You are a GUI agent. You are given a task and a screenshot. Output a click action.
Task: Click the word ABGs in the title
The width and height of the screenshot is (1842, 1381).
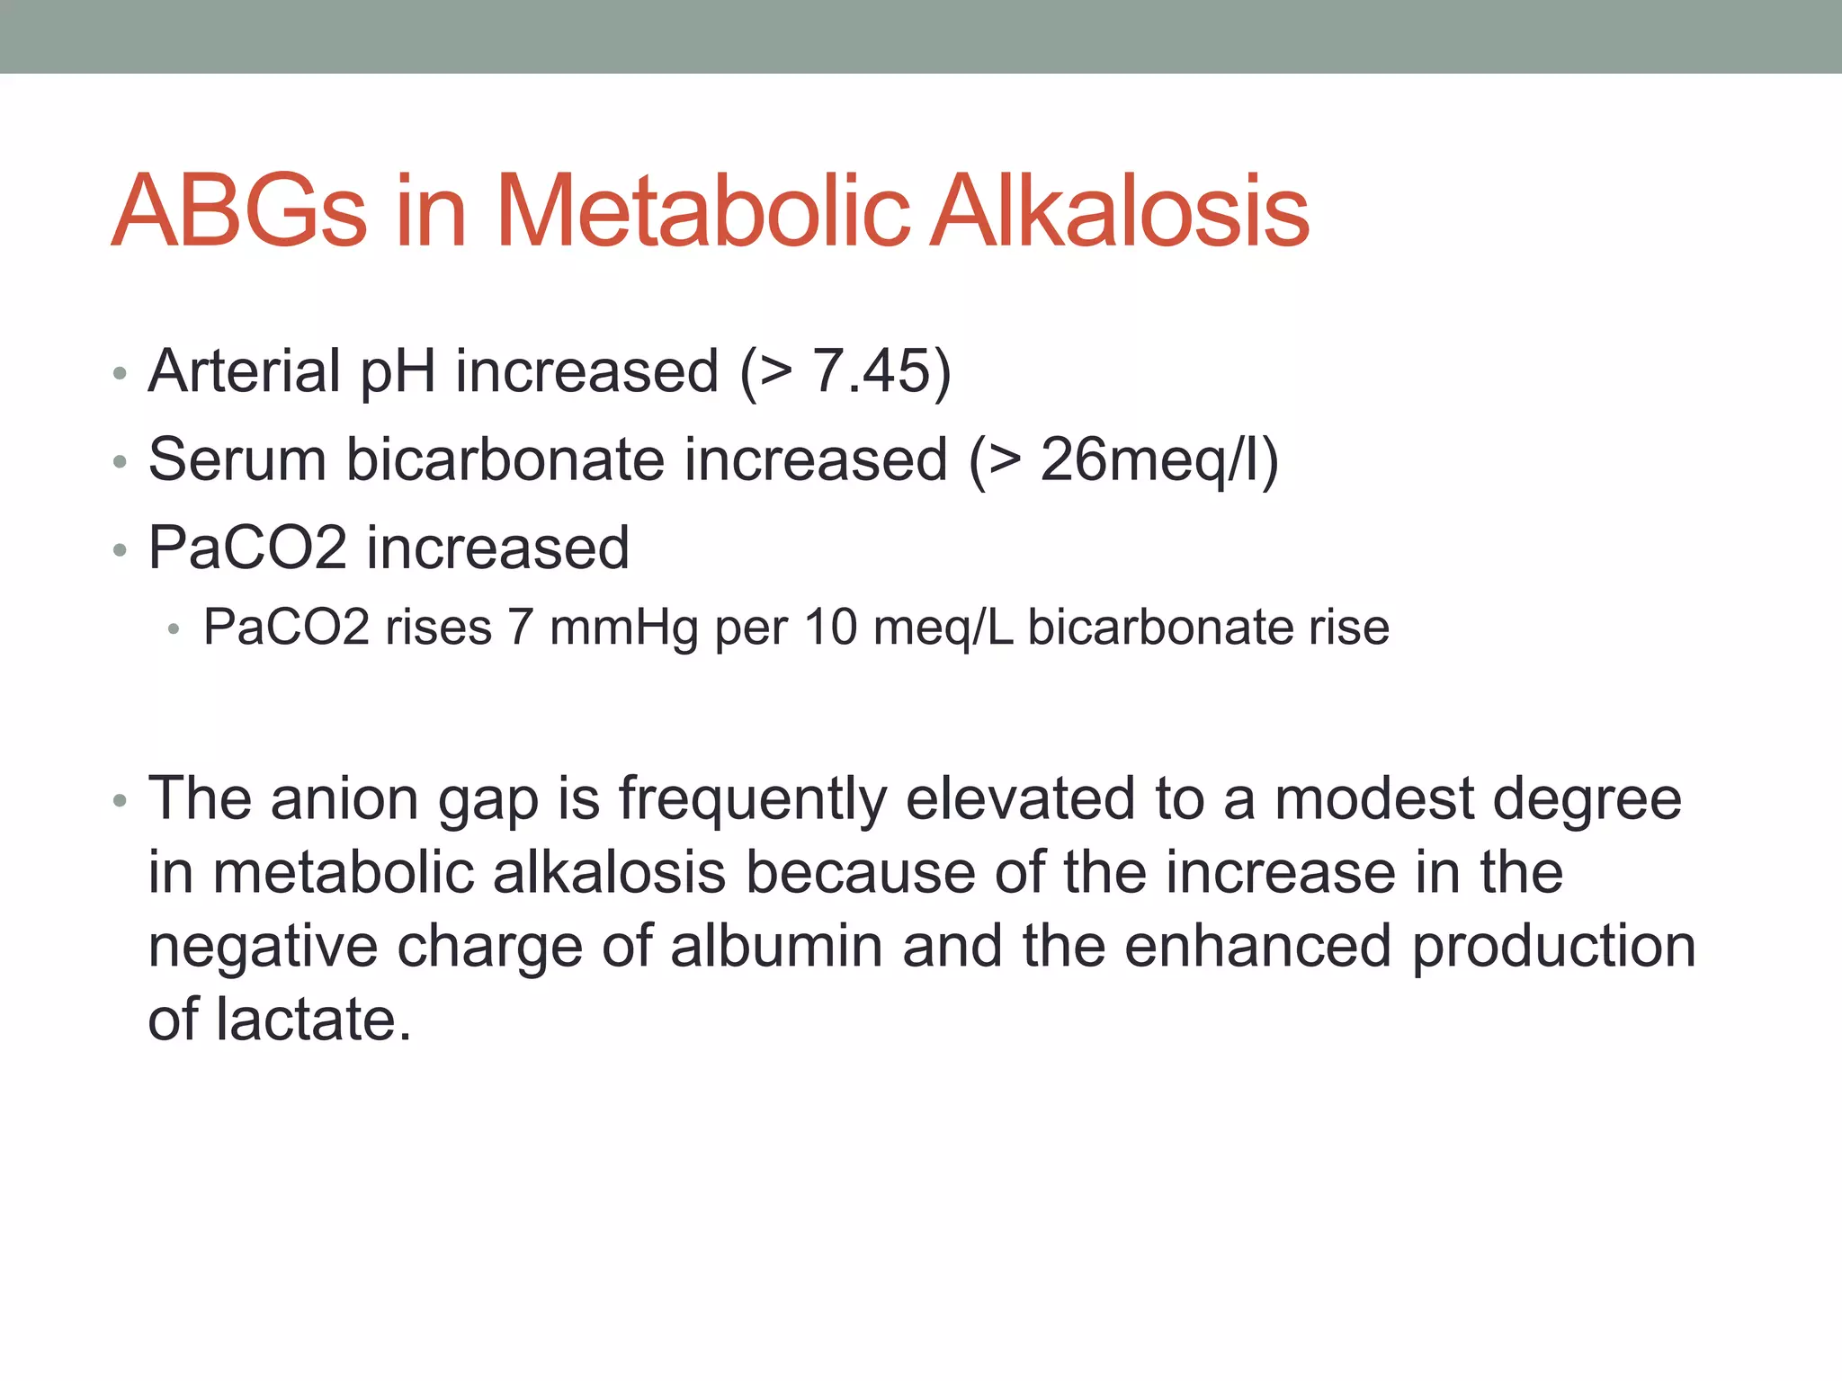239,212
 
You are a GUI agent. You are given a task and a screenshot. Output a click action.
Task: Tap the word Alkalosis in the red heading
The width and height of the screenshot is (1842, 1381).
1119,212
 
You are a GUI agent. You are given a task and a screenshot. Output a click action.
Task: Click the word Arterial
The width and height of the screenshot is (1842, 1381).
245,370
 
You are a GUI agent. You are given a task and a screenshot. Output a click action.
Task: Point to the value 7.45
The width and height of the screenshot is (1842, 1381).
871,370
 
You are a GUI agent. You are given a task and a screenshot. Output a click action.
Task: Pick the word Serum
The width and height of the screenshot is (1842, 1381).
237,459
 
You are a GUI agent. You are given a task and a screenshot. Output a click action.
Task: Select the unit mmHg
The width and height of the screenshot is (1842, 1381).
623,628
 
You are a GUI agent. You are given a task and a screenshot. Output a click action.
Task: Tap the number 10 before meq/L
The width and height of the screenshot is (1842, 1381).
831,627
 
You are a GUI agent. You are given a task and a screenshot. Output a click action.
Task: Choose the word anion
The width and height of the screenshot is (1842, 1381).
344,798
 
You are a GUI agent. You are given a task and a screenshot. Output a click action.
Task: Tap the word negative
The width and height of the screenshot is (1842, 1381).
262,949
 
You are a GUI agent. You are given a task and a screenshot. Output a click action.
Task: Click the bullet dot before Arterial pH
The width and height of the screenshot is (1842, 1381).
120,374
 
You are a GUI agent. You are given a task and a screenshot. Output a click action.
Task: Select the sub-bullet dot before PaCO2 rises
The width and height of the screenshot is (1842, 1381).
174,630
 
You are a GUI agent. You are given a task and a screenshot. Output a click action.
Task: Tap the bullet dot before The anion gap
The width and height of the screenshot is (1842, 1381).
120,801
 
